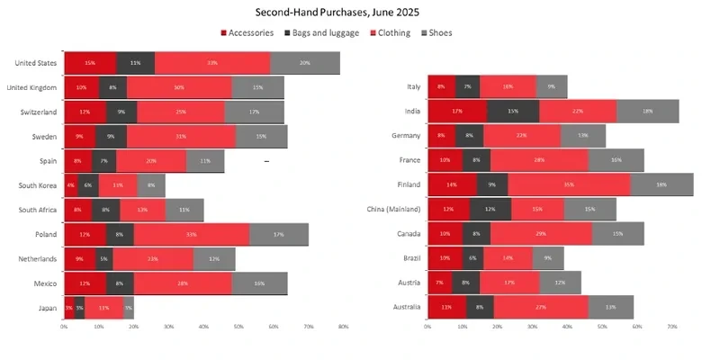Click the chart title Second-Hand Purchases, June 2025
point(350,13)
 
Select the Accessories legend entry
point(251,33)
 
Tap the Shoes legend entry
point(436,33)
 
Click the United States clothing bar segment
point(212,63)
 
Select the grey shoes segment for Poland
point(279,234)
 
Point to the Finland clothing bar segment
point(569,184)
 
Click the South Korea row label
point(38,185)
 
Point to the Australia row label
point(404,308)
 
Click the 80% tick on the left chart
point(344,327)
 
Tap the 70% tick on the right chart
point(671,327)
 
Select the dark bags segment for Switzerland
point(121,112)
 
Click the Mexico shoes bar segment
point(260,283)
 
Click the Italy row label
point(413,87)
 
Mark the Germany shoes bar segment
point(583,136)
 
